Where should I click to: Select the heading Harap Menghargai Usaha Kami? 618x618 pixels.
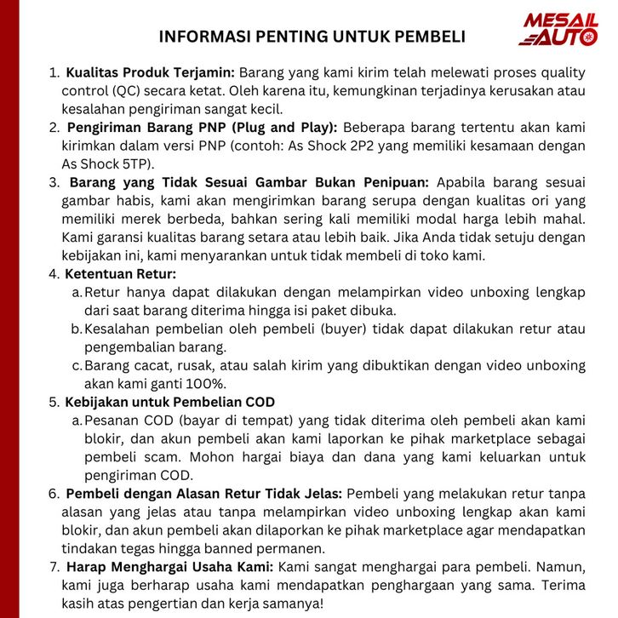click(x=169, y=566)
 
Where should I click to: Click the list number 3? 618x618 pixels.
click(x=54, y=182)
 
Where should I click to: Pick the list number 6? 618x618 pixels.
click(x=54, y=493)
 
